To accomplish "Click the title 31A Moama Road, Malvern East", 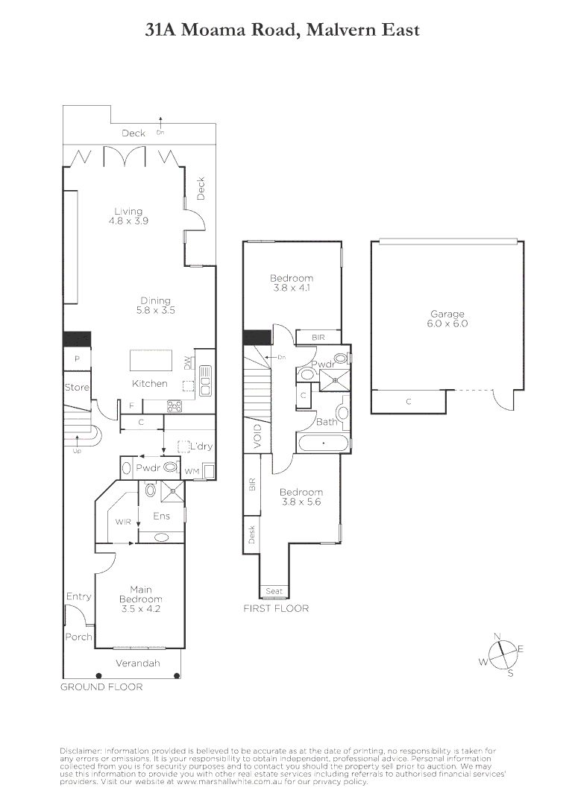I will click(283, 31).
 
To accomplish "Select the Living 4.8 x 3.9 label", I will click(128, 215).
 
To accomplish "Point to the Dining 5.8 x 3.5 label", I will click(156, 306).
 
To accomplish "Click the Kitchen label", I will click(149, 383).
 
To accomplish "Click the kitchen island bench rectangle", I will click(151, 361).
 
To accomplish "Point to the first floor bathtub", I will click(322, 444).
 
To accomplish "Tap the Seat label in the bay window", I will click(274, 591).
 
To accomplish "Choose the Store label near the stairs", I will click(76, 388).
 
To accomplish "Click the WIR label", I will click(123, 522).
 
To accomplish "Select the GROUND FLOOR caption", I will click(101, 686).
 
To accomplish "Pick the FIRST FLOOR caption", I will click(276, 608).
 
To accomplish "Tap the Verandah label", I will click(138, 663).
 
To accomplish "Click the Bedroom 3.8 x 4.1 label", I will click(292, 282).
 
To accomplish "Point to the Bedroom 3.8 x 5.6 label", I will click(301, 496).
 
